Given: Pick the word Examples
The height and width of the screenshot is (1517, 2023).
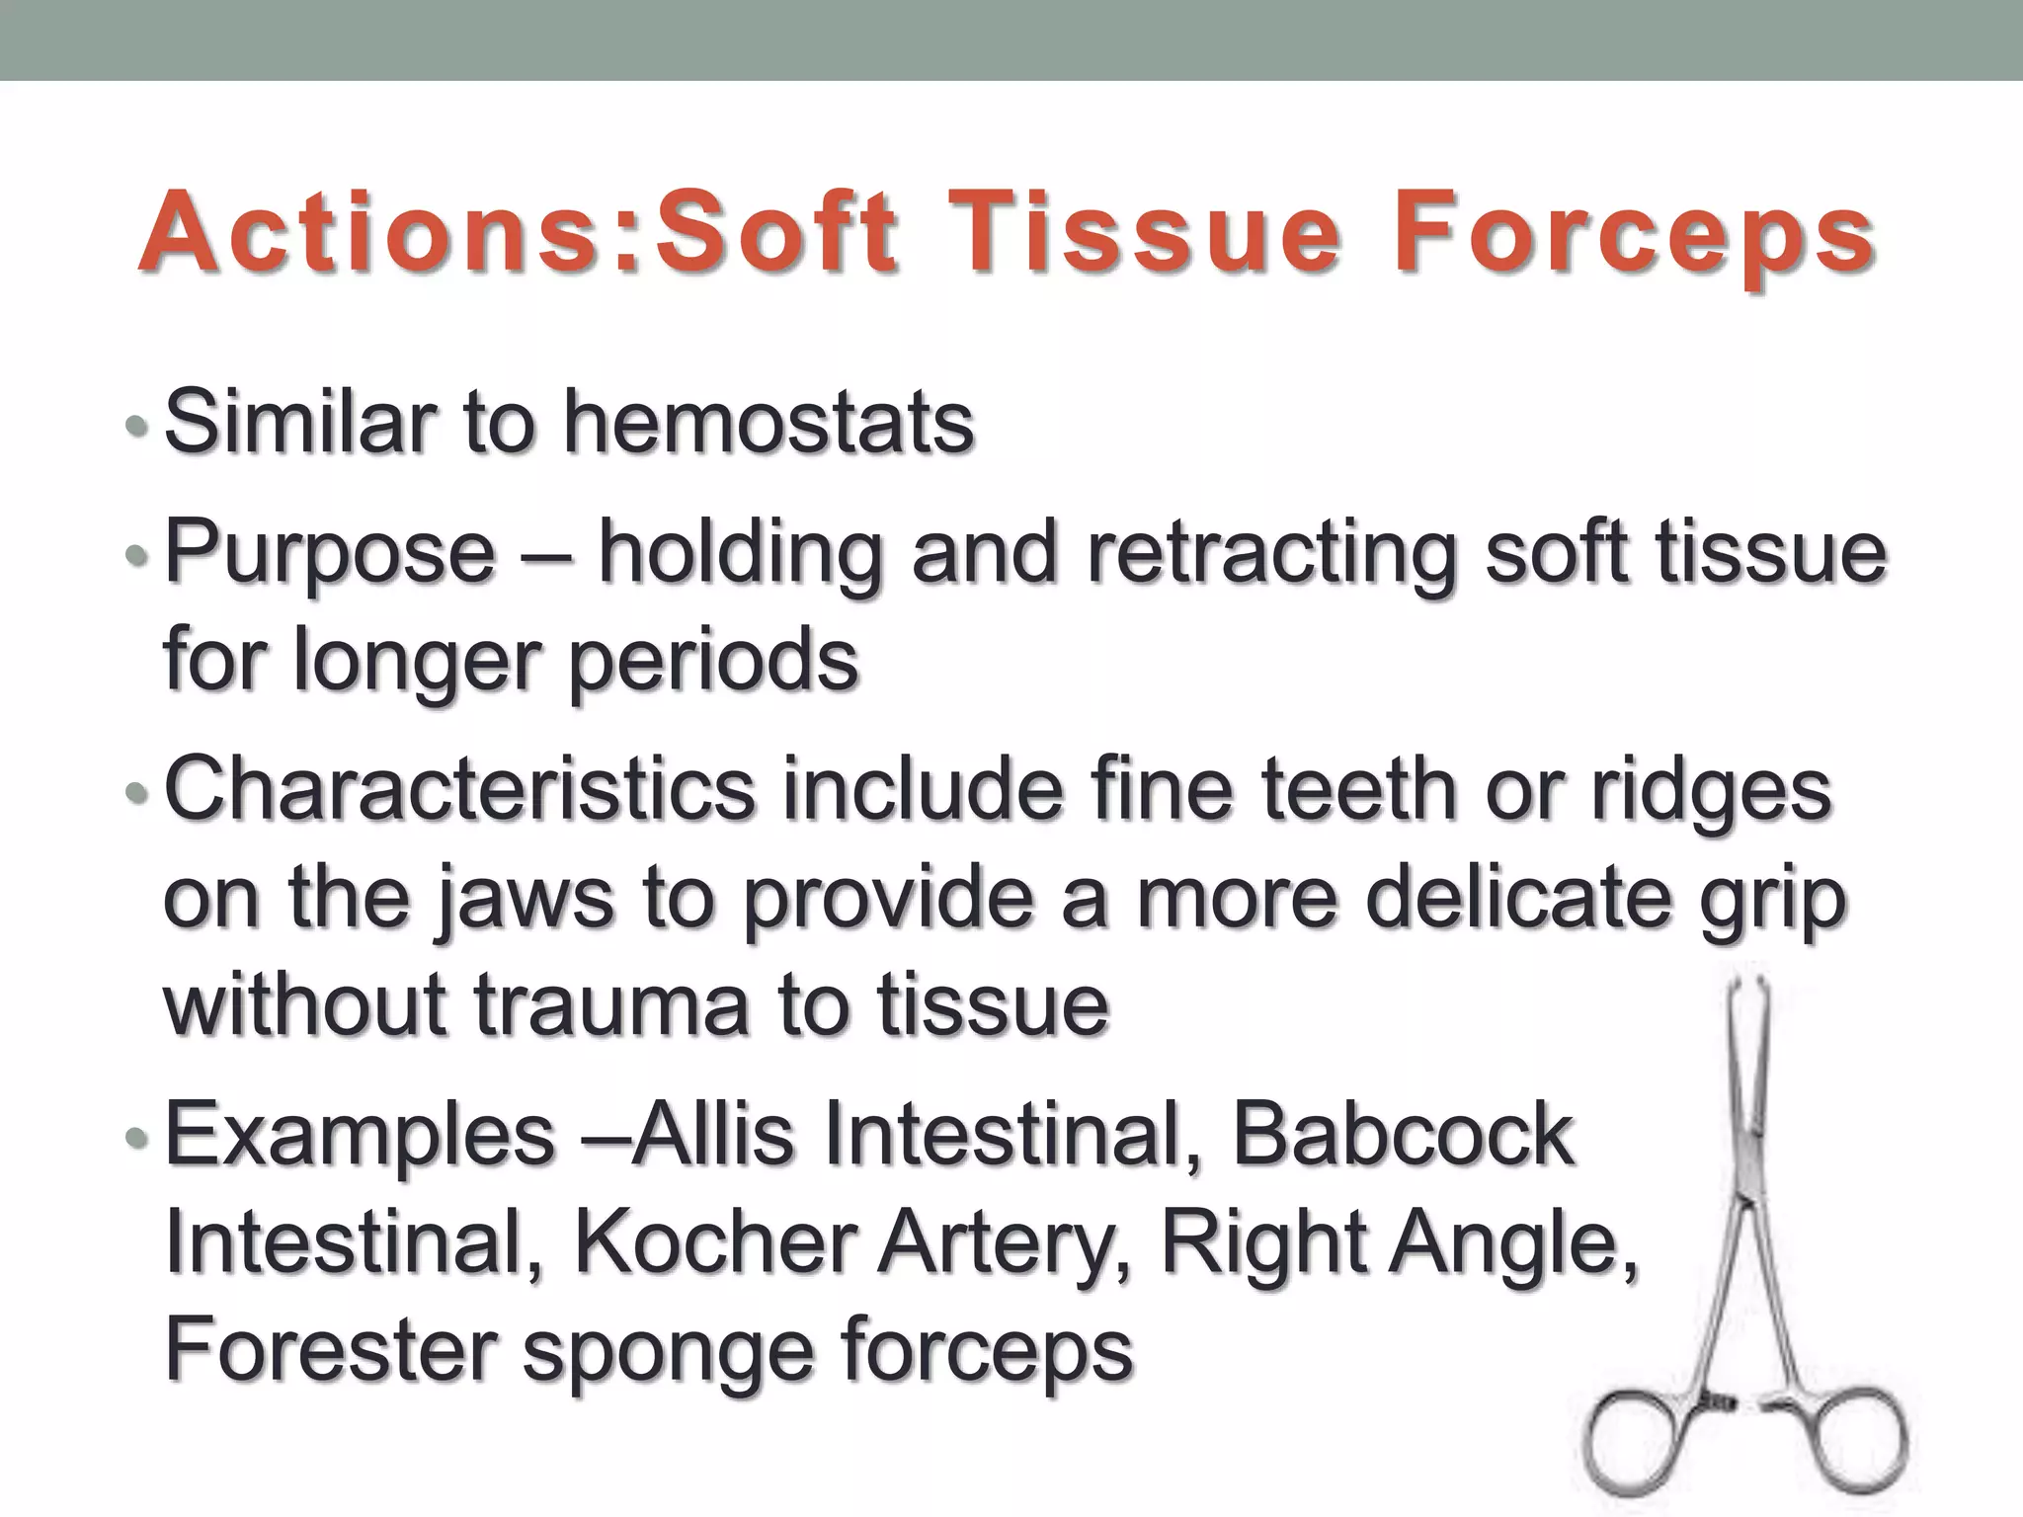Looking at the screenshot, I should click(360, 1136).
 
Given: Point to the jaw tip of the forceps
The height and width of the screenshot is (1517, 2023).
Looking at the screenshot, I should click(1745, 988).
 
